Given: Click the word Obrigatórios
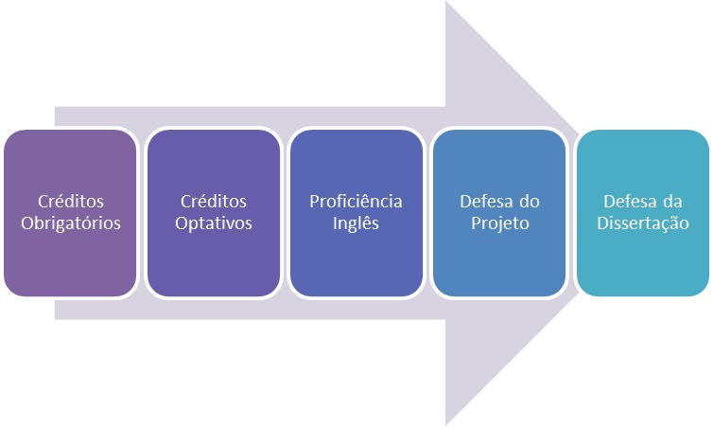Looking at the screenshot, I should point(71,224).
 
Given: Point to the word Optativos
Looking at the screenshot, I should point(214,224).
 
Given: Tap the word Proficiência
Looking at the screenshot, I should point(356,202).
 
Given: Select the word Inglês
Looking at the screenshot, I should point(356,224).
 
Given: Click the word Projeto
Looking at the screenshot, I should point(499,224).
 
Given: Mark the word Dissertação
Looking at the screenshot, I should point(643,224).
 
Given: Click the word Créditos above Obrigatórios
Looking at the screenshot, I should point(71,202).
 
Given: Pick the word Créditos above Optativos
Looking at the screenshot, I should point(214,202).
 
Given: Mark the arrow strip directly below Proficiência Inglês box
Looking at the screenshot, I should point(356,309).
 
